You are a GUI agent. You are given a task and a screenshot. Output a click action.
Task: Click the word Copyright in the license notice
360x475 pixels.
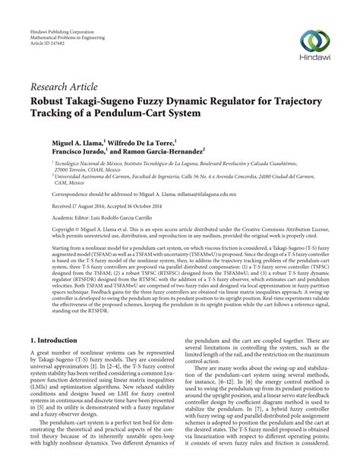[45, 228]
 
